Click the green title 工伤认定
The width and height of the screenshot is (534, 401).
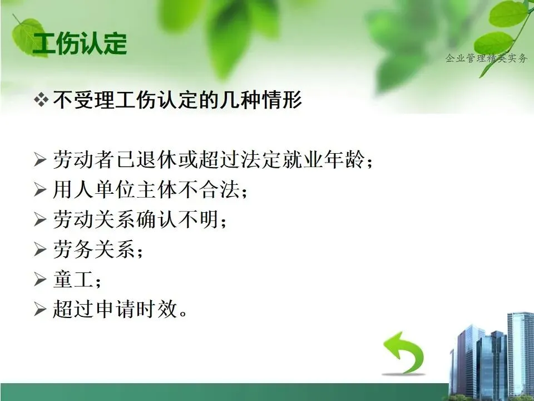[x=80, y=44]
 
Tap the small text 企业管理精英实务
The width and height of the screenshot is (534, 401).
[x=486, y=58]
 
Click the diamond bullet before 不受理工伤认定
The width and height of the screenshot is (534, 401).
[x=41, y=100]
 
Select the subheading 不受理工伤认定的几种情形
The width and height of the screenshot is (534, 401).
[x=177, y=100]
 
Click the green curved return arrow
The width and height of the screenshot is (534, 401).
[x=404, y=353]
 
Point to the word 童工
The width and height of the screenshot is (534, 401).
[x=73, y=279]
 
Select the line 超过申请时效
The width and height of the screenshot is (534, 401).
[x=115, y=309]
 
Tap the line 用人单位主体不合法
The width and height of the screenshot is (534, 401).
[x=146, y=189]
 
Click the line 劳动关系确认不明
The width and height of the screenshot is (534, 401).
[x=136, y=219]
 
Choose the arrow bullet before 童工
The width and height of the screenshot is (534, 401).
[x=40, y=279]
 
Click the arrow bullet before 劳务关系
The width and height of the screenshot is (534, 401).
[x=40, y=250]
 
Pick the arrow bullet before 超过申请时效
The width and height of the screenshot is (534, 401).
[x=40, y=309]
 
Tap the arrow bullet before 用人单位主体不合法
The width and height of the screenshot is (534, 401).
[x=40, y=189]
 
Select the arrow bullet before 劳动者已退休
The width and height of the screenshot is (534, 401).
[x=40, y=160]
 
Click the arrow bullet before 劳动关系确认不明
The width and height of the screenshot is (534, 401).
[x=40, y=219]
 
